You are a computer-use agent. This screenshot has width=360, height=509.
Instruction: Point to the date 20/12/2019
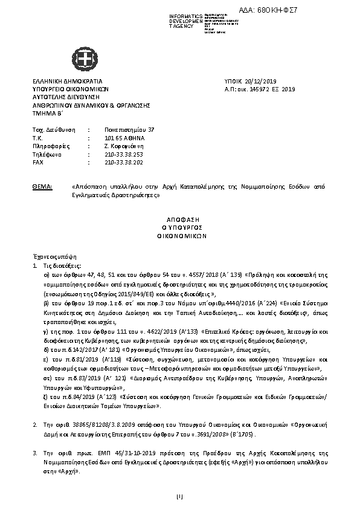pyautogui.click(x=249, y=81)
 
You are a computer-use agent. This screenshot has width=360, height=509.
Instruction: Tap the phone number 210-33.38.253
pyautogui.click(x=121, y=154)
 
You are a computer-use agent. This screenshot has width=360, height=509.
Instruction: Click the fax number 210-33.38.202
pyautogui.click(x=121, y=162)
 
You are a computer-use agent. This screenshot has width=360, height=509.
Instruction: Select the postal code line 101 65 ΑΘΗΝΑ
pyautogui.click(x=121, y=138)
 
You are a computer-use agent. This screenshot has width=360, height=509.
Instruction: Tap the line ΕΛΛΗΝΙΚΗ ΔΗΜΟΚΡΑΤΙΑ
pyautogui.click(x=67, y=81)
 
